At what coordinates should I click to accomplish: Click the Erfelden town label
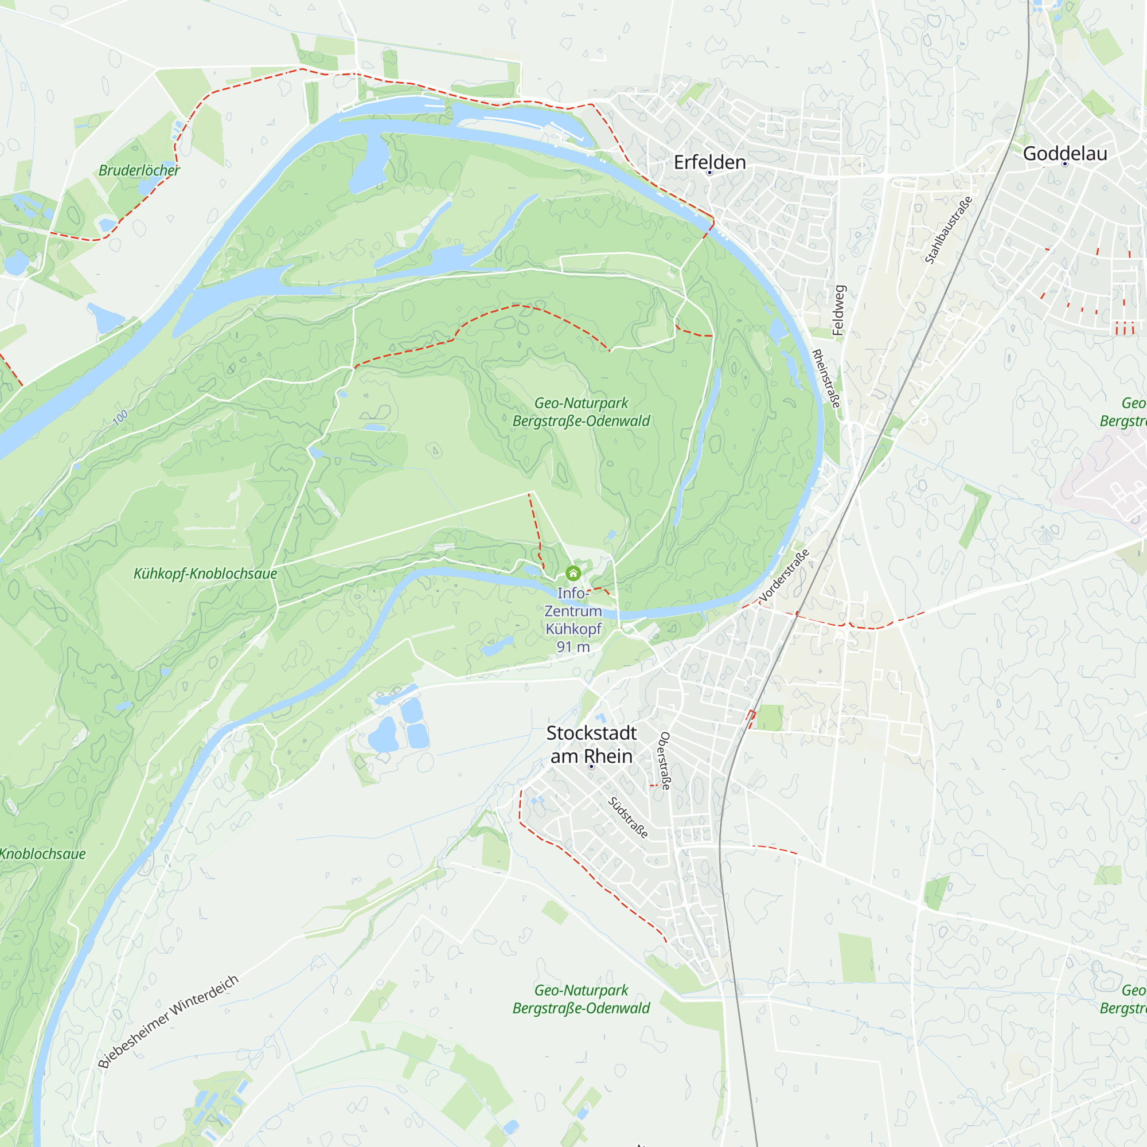coord(709,162)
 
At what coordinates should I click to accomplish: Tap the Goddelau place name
coord(1064,153)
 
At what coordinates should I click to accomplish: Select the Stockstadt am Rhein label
coord(591,744)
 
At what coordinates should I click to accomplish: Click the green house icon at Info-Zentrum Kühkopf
coord(573,573)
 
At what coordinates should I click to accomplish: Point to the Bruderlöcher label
coord(139,170)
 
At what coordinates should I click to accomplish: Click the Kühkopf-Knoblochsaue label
coord(205,573)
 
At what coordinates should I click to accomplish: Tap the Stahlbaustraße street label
coord(948,230)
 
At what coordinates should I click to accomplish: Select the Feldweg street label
coord(838,310)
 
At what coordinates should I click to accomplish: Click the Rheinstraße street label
coord(826,378)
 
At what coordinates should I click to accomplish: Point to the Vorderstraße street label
coord(784,575)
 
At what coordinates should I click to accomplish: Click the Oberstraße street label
coord(664,760)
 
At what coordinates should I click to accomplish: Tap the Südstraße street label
coord(627,817)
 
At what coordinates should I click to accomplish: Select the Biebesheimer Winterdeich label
coord(168,1021)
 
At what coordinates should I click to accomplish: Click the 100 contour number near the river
coord(120,418)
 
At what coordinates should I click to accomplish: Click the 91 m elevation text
coord(573,647)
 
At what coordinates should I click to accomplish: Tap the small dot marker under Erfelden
coord(709,173)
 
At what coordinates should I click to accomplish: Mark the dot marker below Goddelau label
coord(1065,164)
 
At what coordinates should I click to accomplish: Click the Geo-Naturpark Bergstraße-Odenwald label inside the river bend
coord(581,411)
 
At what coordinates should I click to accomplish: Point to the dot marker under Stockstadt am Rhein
coord(591,766)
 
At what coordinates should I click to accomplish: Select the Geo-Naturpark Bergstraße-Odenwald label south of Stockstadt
coord(581,999)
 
